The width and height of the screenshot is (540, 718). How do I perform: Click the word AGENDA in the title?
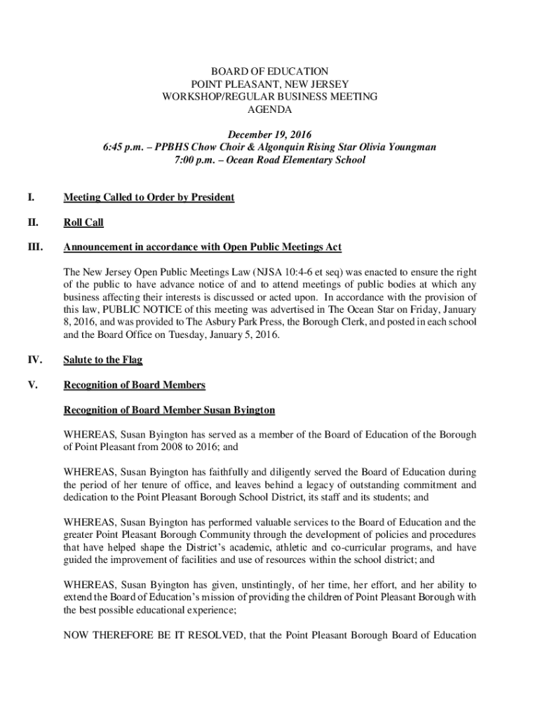(270, 109)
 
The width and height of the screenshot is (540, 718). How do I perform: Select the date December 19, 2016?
(270, 135)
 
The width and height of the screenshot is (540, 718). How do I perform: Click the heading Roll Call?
(83, 223)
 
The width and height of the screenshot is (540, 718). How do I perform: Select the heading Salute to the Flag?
(103, 360)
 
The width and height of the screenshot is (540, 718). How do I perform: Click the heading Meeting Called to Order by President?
(149, 198)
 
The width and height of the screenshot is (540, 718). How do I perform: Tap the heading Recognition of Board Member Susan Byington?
(169, 409)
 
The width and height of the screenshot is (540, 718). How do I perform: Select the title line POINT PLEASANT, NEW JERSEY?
(270, 84)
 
